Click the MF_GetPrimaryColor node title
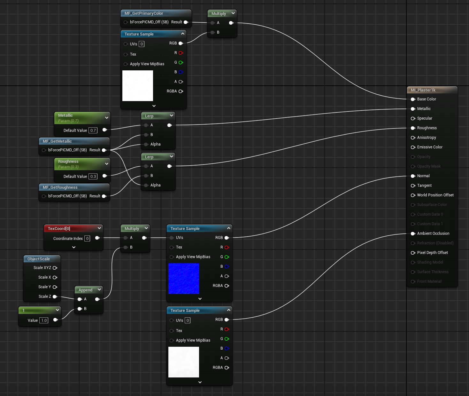coord(144,13)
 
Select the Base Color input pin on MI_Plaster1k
coord(413,99)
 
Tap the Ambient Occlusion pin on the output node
coord(413,234)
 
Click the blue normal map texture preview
coord(184,279)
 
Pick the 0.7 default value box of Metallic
coord(93,130)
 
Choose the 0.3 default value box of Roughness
coord(93,176)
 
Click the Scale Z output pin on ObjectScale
coord(55,297)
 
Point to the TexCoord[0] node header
coord(59,228)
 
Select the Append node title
coord(85,290)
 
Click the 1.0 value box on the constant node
coord(44,320)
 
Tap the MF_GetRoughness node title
coord(60,187)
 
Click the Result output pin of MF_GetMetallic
coord(104,150)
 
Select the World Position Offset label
coord(435,195)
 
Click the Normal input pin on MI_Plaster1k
coord(413,176)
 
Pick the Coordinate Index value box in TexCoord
coord(87,238)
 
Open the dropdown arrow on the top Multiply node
coord(233,13)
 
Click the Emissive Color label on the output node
coord(430,147)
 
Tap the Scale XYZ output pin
coord(55,268)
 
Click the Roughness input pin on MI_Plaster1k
coord(413,128)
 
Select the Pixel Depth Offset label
coord(432,253)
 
